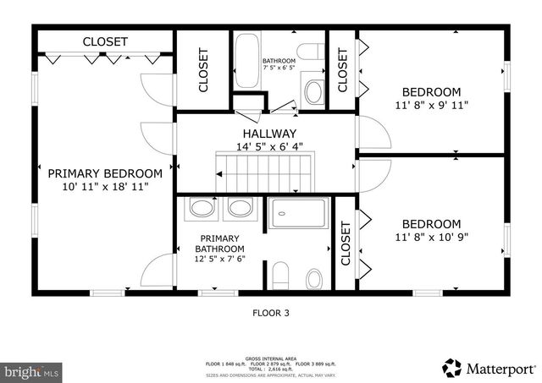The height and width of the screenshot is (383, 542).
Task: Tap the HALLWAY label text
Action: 269,134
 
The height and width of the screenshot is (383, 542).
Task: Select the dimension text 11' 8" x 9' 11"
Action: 431,106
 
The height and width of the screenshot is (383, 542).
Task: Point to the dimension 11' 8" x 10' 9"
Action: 431,238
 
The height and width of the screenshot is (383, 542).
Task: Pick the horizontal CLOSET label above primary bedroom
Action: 105,41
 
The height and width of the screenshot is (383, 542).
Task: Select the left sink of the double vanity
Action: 202,208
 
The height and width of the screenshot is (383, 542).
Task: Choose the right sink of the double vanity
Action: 240,208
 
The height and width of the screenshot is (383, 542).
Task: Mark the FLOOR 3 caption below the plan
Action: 271,313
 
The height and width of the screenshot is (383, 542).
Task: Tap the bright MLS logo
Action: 31,370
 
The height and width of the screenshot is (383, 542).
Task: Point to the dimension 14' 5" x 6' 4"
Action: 269,146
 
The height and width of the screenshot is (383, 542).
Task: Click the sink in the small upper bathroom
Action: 313,91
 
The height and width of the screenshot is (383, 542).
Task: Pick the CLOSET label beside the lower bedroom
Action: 345,243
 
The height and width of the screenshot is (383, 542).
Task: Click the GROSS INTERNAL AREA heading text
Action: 271,358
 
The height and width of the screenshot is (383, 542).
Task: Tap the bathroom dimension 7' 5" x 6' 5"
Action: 279,68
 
